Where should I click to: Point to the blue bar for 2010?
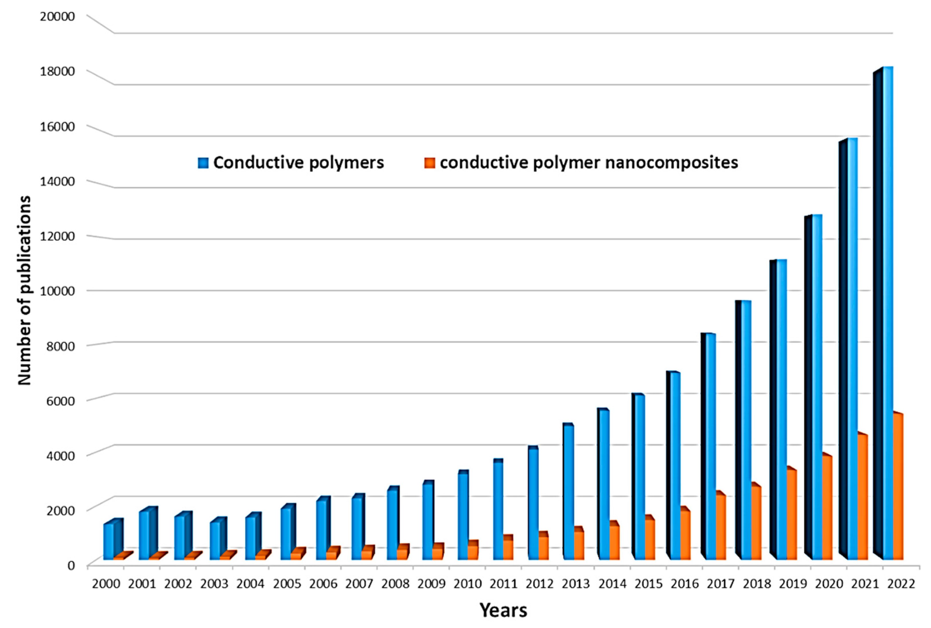tap(463, 517)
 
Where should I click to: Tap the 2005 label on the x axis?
tap(287, 584)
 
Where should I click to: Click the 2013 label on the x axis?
tap(576, 584)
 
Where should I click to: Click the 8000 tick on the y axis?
tap(61, 346)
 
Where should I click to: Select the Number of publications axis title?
tap(24, 290)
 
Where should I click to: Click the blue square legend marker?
tap(203, 163)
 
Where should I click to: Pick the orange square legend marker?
tap(429, 163)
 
